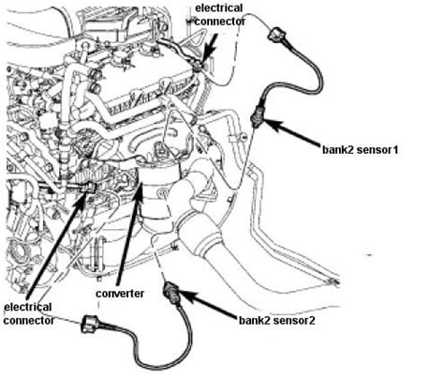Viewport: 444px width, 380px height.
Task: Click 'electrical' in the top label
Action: click(x=222, y=8)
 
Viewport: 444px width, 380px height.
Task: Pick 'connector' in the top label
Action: click(x=222, y=22)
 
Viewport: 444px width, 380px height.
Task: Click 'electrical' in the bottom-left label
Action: click(x=28, y=306)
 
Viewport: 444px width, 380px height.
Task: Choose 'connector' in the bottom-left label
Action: click(x=28, y=320)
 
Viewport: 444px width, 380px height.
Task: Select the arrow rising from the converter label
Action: click(x=131, y=235)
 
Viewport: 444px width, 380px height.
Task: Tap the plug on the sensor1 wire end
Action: click(x=278, y=37)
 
